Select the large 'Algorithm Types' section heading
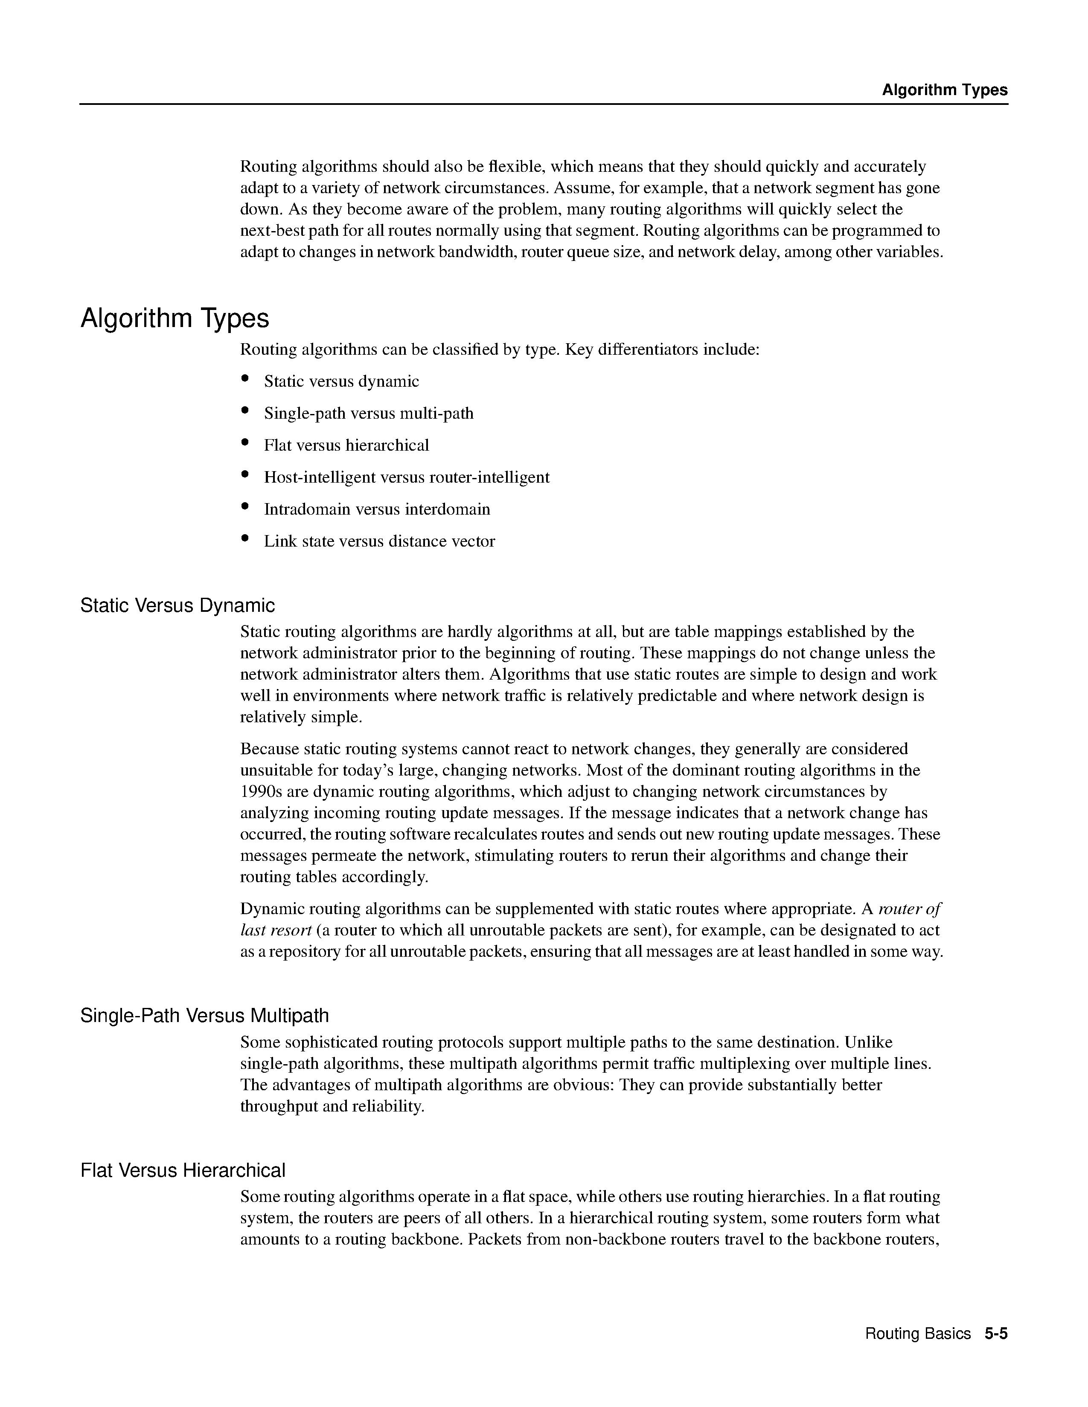(175, 318)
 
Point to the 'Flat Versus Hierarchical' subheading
(183, 1170)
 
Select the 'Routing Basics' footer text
(917, 1334)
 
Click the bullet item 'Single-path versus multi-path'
(369, 414)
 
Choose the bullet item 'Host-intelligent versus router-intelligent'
(407, 478)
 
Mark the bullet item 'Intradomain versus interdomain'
(377, 510)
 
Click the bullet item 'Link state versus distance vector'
(380, 541)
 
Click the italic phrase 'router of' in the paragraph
(910, 909)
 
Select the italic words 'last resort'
(276, 930)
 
